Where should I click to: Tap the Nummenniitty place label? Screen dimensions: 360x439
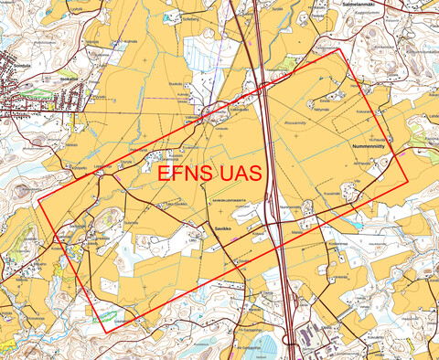click(x=371, y=144)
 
